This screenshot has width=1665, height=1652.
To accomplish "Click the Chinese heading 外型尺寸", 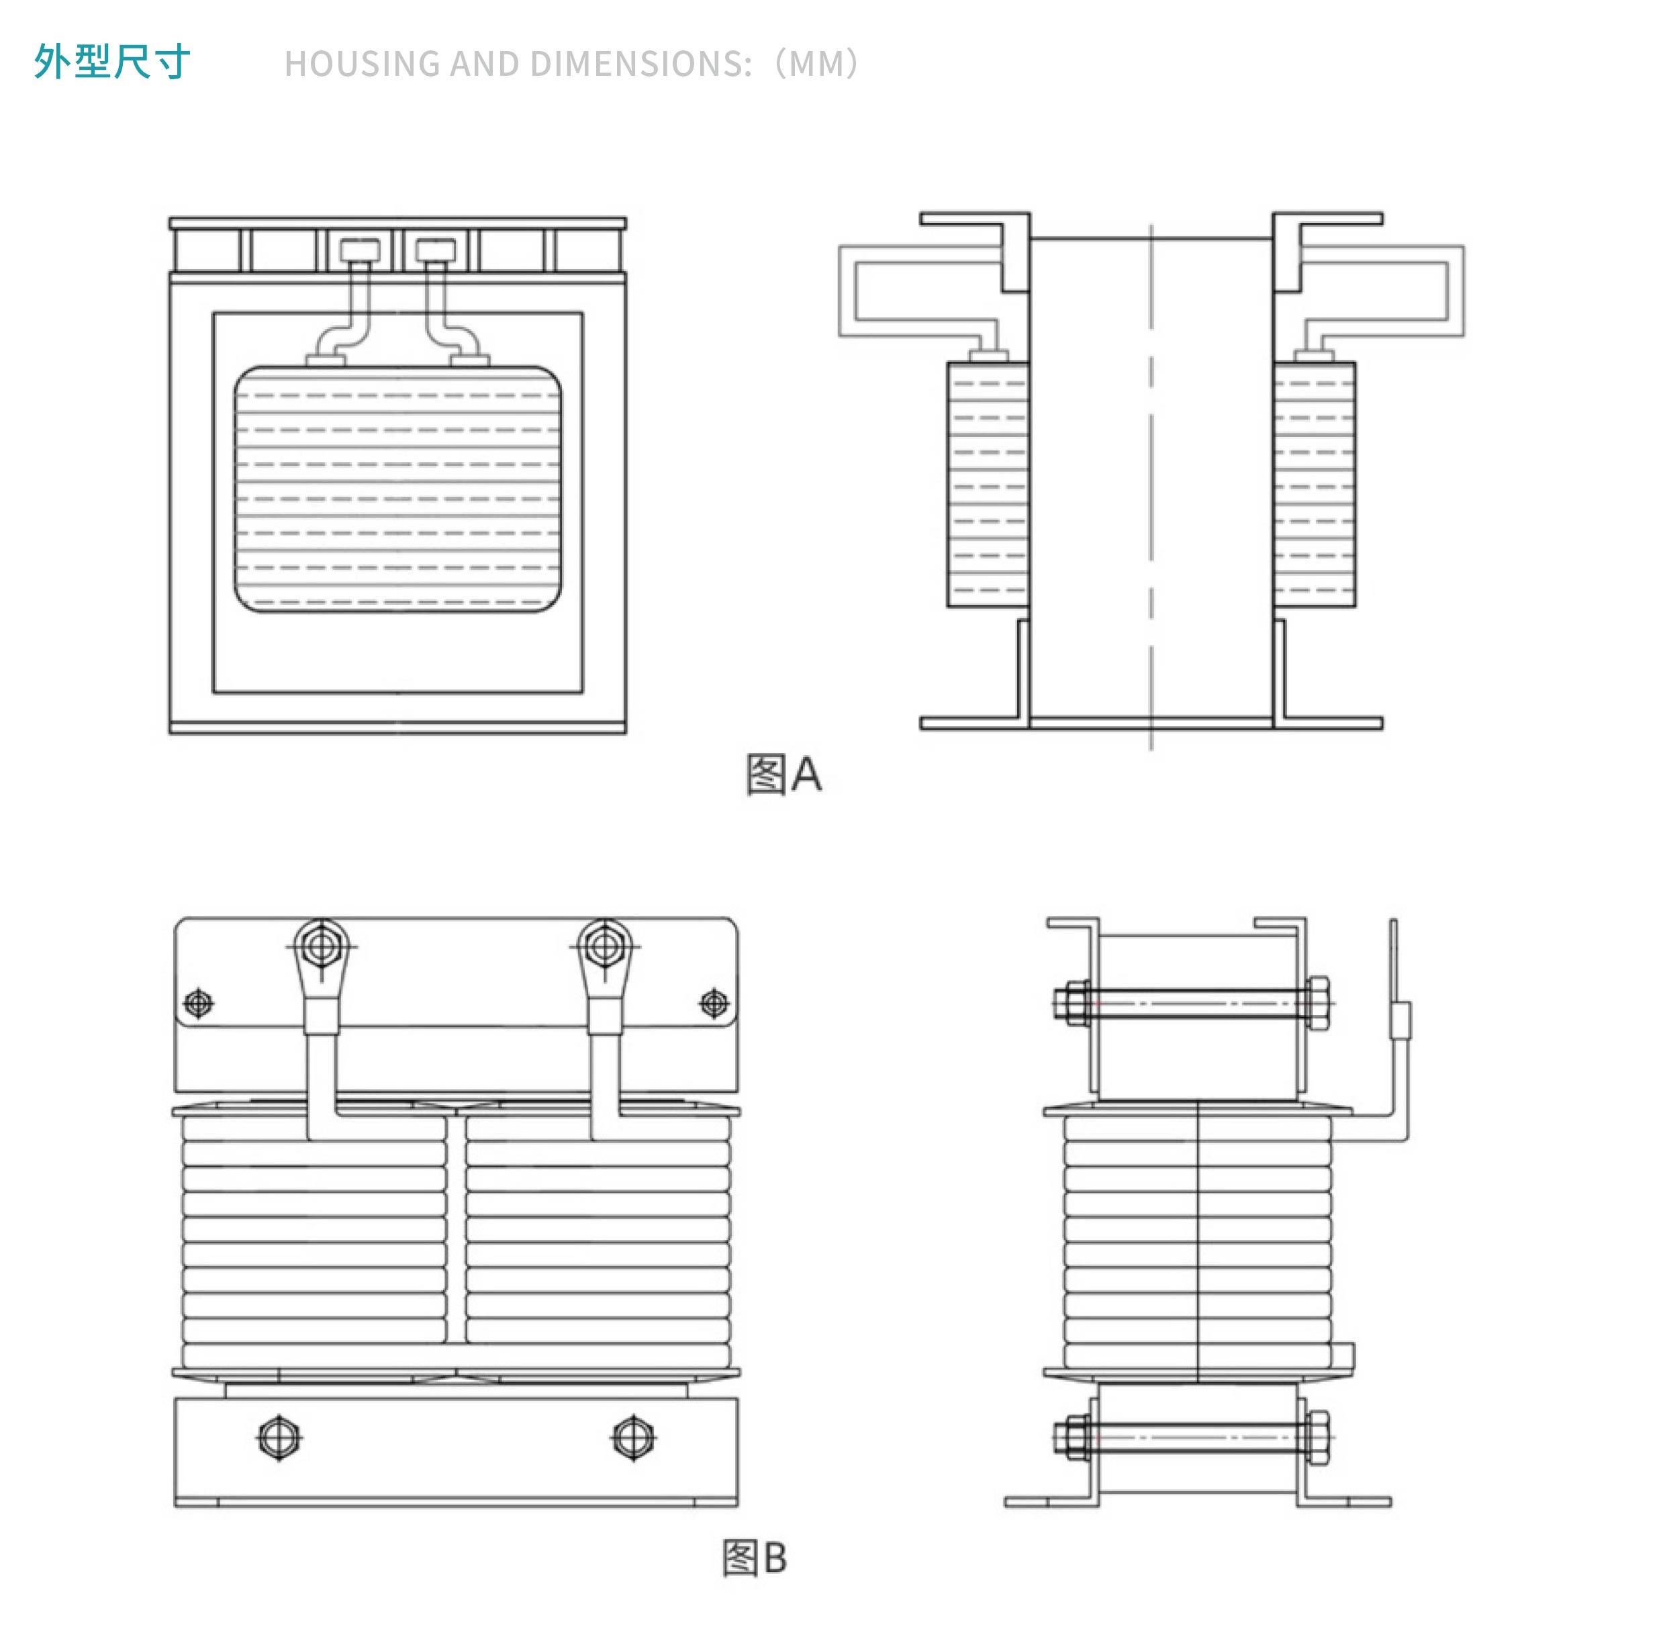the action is click(x=112, y=62).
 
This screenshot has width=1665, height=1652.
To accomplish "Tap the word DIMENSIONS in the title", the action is click(x=641, y=64).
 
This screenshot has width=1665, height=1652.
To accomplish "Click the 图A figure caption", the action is click(x=783, y=774).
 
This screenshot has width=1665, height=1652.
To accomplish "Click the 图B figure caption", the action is click(x=754, y=1558).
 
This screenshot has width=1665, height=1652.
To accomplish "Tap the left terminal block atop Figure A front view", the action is click(x=359, y=251).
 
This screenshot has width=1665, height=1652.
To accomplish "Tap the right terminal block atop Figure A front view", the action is click(x=435, y=251).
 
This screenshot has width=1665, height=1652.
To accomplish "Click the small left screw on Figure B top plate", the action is click(x=199, y=1003).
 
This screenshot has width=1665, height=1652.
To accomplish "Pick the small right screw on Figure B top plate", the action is click(x=714, y=1003).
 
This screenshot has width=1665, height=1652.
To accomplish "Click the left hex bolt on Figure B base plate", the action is click(x=279, y=1437).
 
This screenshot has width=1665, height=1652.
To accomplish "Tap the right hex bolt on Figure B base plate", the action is click(x=633, y=1437).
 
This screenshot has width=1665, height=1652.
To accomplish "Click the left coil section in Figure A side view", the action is click(x=988, y=484).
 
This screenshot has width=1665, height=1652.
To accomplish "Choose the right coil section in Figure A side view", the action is click(x=1315, y=484).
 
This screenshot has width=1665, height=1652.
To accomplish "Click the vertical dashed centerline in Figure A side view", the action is click(x=1151, y=487).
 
